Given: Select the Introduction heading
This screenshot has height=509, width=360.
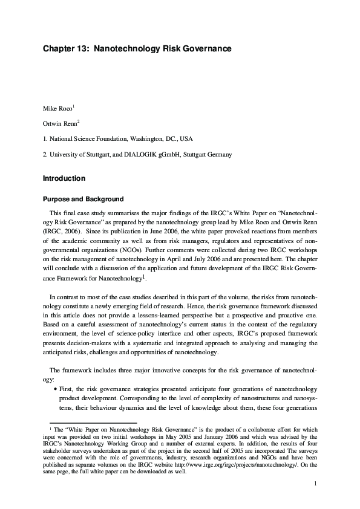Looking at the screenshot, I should pyautogui.click(x=64, y=179).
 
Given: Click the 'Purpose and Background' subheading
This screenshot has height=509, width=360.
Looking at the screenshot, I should pyautogui.click(x=83, y=199).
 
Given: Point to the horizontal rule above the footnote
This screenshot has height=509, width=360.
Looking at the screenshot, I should pyautogui.click(x=85, y=423).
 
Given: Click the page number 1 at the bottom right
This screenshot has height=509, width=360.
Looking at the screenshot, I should pyautogui.click(x=316, y=484).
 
